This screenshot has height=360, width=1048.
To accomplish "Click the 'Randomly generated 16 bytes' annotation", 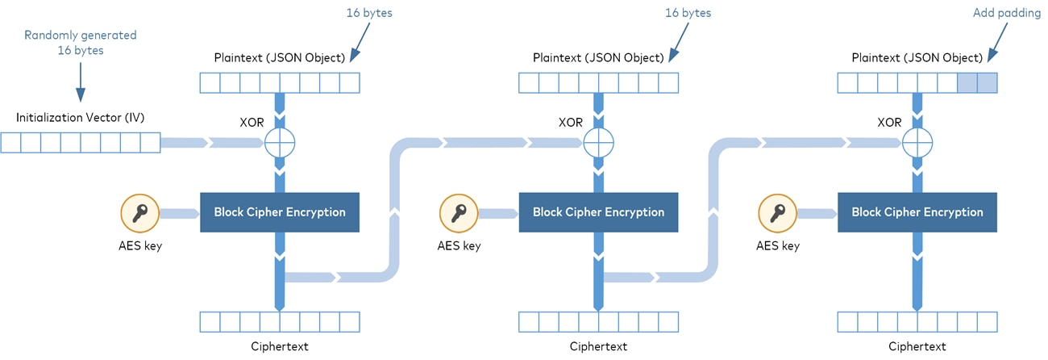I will [x=81, y=43].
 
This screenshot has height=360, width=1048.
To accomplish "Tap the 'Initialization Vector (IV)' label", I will [x=81, y=118].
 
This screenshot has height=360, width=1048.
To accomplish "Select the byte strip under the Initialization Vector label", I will [x=81, y=143].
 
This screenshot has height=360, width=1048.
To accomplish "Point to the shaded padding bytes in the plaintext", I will [x=977, y=82].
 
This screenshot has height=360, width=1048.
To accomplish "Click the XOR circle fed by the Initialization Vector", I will [x=280, y=144].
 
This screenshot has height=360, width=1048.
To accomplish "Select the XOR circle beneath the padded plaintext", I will [x=917, y=144].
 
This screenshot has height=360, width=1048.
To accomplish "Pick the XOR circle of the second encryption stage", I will [x=598, y=144].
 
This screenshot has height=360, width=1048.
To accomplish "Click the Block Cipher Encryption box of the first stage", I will [x=280, y=212].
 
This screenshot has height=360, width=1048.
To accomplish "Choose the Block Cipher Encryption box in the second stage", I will [x=598, y=212].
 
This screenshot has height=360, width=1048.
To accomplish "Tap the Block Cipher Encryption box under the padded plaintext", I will [x=917, y=212].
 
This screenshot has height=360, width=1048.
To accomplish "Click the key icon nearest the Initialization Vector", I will [x=140, y=213].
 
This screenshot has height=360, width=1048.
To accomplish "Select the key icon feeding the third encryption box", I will [x=778, y=213].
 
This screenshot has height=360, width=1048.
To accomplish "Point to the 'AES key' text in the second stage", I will [x=459, y=245].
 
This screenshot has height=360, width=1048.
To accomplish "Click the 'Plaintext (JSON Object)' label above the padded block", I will [x=917, y=58].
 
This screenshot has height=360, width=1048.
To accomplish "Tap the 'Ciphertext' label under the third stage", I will [x=917, y=346].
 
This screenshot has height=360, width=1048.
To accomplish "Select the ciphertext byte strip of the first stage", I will [x=280, y=321].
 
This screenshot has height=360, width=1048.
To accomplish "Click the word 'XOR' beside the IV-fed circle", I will [x=252, y=123].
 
